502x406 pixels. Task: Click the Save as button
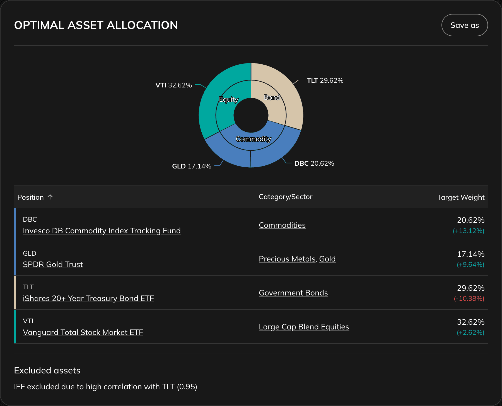click(x=464, y=25)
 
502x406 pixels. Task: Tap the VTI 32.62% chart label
click(x=173, y=85)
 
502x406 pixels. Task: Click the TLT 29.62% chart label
click(x=325, y=80)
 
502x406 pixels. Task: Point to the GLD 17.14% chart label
click(x=192, y=166)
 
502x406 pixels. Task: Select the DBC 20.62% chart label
click(x=314, y=163)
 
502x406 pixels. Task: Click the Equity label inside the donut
click(x=228, y=99)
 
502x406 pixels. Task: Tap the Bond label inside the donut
click(x=272, y=97)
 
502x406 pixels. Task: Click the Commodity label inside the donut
click(x=253, y=139)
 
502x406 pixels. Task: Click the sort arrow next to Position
click(x=50, y=197)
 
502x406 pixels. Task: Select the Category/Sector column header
click(x=285, y=197)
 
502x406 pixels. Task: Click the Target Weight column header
click(x=460, y=197)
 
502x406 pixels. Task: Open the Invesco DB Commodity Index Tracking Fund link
click(x=102, y=231)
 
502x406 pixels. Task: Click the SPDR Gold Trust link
click(x=53, y=265)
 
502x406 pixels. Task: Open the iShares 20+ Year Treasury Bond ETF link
click(x=88, y=299)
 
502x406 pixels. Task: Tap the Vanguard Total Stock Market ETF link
click(x=83, y=332)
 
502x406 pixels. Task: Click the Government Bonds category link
click(x=293, y=293)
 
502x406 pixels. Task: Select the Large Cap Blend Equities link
click(x=304, y=327)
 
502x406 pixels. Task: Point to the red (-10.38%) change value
click(x=469, y=299)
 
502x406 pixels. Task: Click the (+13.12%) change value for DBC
click(x=468, y=231)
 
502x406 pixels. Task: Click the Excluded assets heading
click(x=47, y=371)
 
